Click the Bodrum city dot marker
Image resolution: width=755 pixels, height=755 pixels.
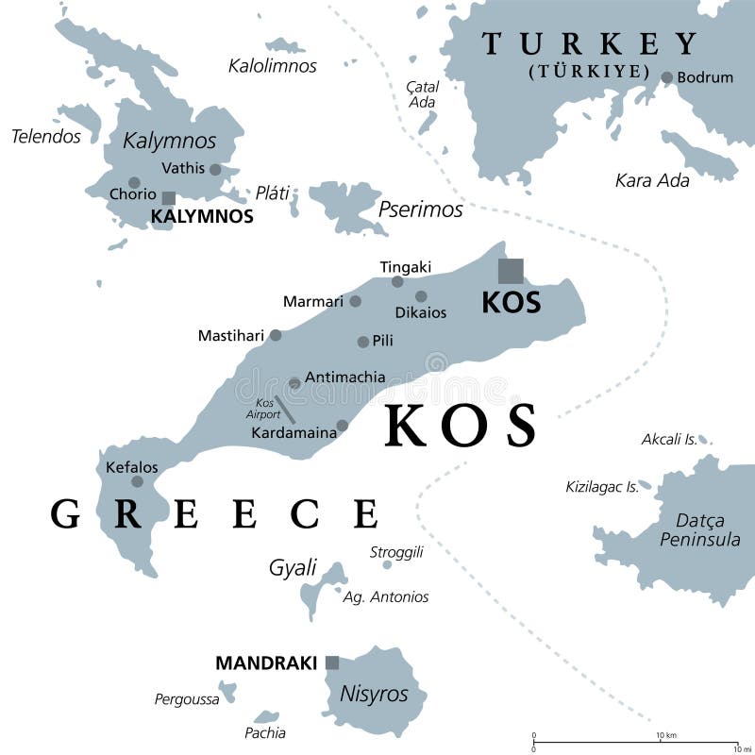point(667,77)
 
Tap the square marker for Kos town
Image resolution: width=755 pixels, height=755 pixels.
point(511,271)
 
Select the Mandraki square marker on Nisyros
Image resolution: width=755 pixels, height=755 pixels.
point(332,663)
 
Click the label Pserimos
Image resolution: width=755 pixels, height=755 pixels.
point(420,209)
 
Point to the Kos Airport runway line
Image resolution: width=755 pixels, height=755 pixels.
point(284,409)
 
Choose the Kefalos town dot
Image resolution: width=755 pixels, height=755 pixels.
point(137,481)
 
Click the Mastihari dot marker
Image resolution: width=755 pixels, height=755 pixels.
point(276,335)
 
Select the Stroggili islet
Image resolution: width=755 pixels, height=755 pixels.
point(387,564)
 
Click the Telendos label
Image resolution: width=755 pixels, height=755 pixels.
point(46,136)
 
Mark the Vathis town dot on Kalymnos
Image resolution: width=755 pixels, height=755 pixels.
point(215,170)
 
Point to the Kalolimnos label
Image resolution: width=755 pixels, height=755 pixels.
point(273,66)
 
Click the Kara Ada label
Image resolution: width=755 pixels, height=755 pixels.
point(652,179)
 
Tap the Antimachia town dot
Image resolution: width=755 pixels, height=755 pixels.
point(294,383)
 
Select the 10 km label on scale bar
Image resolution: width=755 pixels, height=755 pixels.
point(666,736)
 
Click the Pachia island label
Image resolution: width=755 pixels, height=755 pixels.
point(265,732)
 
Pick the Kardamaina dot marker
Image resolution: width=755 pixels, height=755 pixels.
point(343,426)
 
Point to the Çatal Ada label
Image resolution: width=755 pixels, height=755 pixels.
point(422,93)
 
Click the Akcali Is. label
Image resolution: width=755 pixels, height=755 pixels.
point(669,439)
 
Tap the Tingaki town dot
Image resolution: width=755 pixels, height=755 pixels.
point(397,281)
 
